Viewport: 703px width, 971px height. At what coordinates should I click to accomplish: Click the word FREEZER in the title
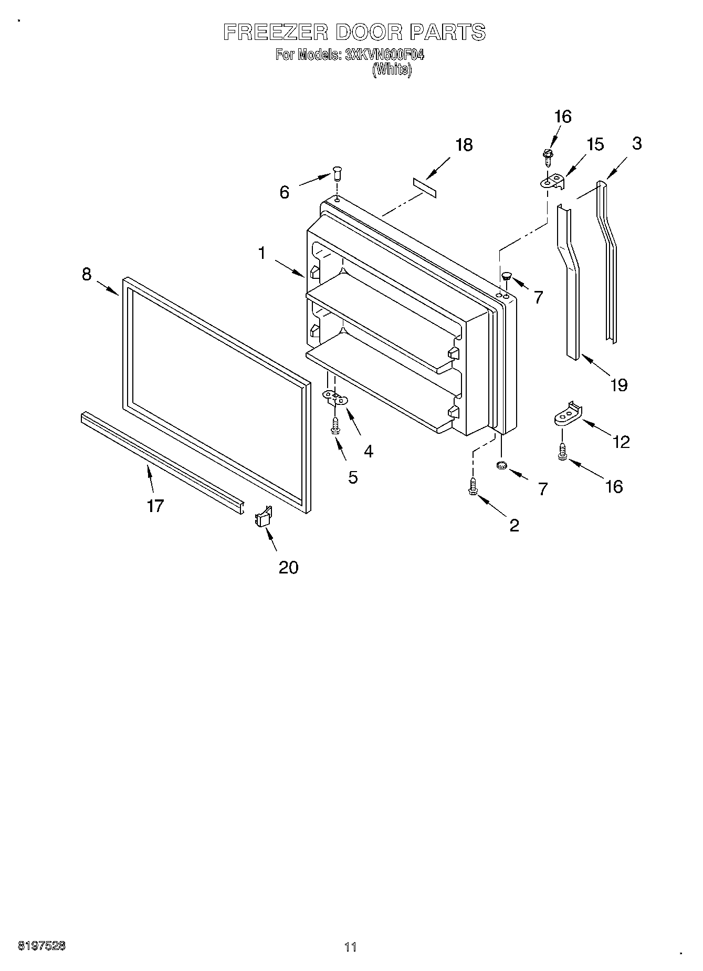pyautogui.click(x=275, y=33)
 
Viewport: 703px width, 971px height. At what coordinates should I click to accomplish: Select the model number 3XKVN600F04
pyautogui.click(x=384, y=55)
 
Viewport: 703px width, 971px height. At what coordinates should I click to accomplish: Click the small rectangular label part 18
pyautogui.click(x=424, y=187)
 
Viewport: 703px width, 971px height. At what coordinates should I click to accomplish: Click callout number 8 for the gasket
pyautogui.click(x=87, y=274)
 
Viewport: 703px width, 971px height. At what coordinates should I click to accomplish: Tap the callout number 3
pyautogui.click(x=636, y=143)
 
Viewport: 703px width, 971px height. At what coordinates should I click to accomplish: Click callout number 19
pyautogui.click(x=619, y=385)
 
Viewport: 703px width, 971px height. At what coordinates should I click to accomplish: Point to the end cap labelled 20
pyautogui.click(x=264, y=517)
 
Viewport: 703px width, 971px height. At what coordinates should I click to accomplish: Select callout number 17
pyautogui.click(x=155, y=506)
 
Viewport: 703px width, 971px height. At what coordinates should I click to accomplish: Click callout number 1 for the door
pyautogui.click(x=261, y=253)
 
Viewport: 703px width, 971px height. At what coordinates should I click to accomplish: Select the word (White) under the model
pyautogui.click(x=392, y=70)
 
